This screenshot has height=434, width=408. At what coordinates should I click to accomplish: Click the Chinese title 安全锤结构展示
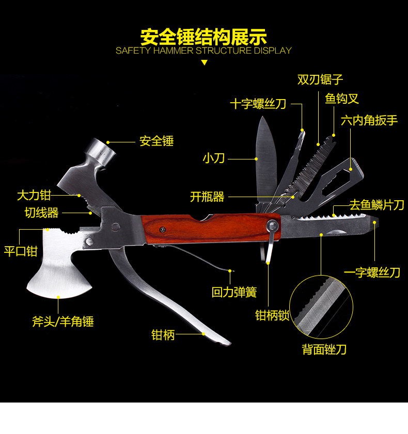pos(203,37)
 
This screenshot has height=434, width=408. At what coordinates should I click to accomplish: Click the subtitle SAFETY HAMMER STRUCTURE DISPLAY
pos(203,51)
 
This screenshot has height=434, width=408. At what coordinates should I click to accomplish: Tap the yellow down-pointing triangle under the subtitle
pos(204,62)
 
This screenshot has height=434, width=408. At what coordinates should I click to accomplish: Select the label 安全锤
pos(156,141)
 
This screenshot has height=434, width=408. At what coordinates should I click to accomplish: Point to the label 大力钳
pos(34,195)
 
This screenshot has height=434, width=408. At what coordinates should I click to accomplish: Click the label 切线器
pos(42,213)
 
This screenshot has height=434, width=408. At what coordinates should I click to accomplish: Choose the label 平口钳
pos(21,251)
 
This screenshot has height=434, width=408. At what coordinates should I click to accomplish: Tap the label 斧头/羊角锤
pos(63,322)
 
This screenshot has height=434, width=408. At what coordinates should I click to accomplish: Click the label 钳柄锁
pos(273,315)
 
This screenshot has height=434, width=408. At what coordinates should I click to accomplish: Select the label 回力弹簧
pos(234,292)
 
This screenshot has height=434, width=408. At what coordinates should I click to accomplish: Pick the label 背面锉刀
pos(324,349)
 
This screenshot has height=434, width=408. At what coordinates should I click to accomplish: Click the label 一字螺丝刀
pos(372,272)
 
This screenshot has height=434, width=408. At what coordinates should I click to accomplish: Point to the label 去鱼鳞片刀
pos(376,205)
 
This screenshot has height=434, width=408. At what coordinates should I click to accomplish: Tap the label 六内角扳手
pos(369,120)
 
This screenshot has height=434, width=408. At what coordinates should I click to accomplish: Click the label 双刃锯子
pos(320,79)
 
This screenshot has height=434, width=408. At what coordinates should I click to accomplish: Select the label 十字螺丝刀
pos(258,104)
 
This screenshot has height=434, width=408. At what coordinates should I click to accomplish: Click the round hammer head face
pos(101,151)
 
